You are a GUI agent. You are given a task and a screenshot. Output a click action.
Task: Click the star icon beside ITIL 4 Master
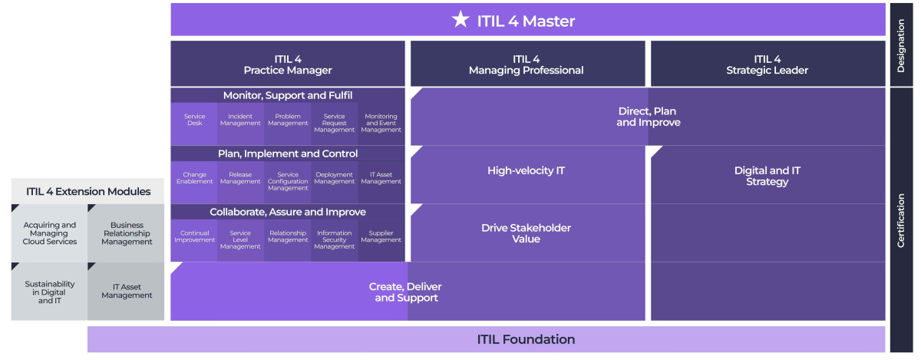[x=460, y=20]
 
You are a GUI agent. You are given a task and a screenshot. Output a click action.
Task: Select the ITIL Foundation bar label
[x=526, y=339]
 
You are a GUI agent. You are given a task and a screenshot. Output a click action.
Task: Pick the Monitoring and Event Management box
[x=381, y=124]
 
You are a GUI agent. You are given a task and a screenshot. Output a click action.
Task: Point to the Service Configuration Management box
[x=288, y=182]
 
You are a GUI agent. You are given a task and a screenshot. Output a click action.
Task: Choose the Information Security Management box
[x=334, y=240]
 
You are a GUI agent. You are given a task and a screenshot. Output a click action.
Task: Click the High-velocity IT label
[x=527, y=171]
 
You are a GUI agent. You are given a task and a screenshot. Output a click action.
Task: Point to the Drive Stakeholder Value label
[x=527, y=233]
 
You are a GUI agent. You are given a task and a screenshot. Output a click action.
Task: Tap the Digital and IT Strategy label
[x=767, y=176]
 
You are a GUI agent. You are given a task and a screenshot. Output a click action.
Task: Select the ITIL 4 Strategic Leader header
[x=767, y=64]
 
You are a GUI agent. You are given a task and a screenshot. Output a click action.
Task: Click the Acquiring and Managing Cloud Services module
[x=49, y=233]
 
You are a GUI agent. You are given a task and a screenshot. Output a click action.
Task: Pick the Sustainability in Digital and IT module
[x=49, y=292]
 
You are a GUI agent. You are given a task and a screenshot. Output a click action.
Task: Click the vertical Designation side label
[x=900, y=46]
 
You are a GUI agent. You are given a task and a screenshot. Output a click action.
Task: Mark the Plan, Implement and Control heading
[x=288, y=154]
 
